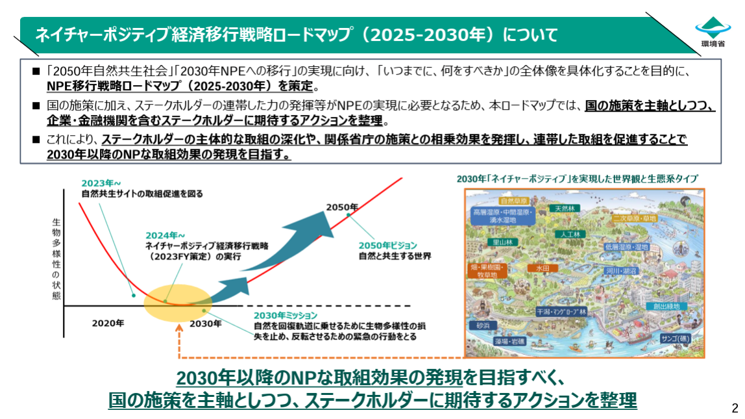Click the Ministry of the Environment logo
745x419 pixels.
713,31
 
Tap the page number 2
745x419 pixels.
735,409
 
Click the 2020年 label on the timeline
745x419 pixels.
108,323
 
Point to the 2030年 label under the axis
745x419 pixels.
206,323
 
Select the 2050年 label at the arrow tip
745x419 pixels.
342,207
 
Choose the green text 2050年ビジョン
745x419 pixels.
389,246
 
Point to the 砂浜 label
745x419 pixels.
484,325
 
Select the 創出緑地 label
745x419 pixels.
667,306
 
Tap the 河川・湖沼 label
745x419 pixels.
621,270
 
